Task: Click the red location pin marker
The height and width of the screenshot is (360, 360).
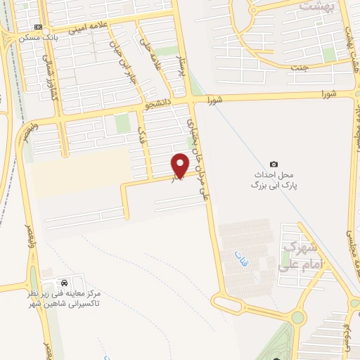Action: coord(181,165)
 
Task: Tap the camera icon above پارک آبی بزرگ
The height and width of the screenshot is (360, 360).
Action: coord(274,164)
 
